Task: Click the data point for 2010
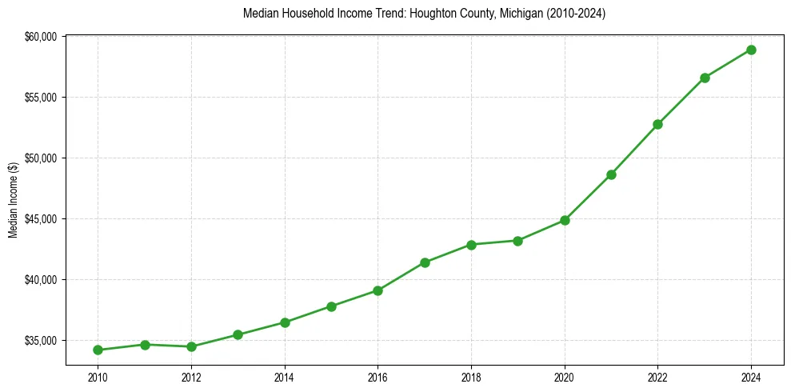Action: tap(98, 350)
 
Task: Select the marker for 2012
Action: tap(191, 346)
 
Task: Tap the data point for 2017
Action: tap(425, 262)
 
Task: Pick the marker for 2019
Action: tap(518, 241)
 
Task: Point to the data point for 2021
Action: tap(611, 174)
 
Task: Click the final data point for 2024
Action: tap(751, 50)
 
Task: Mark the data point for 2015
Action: tap(331, 306)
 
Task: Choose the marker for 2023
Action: tap(705, 78)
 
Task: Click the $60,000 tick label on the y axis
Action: tap(42, 37)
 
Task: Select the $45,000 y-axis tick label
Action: tap(42, 219)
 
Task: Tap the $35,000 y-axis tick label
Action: tap(42, 341)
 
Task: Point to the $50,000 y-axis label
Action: tap(42, 158)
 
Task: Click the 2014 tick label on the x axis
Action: tap(285, 377)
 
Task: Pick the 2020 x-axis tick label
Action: tap(565, 377)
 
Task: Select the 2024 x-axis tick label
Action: tap(751, 377)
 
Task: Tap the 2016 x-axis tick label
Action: tap(378, 377)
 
